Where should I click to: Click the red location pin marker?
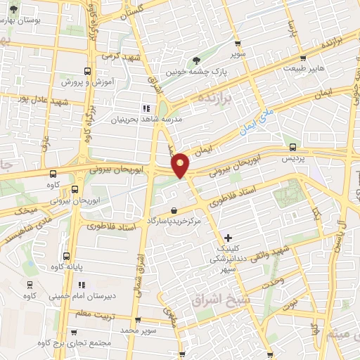pos(181,165)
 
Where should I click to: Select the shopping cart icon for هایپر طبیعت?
pos(302,58)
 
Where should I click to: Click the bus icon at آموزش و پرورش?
pos(87,71)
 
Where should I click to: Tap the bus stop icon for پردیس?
pos(292,148)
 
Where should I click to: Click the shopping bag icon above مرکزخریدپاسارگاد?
pos(174,210)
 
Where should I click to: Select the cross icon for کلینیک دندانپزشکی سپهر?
pos(227,238)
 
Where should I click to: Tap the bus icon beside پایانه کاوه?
pos(66,256)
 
